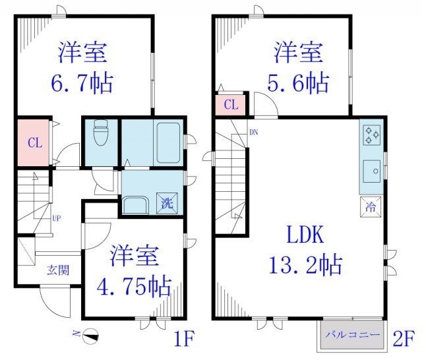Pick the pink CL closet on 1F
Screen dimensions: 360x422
32,141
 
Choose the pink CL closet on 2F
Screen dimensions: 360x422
230,105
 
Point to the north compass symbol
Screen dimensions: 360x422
91,336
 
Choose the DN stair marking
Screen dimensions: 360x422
254,133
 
